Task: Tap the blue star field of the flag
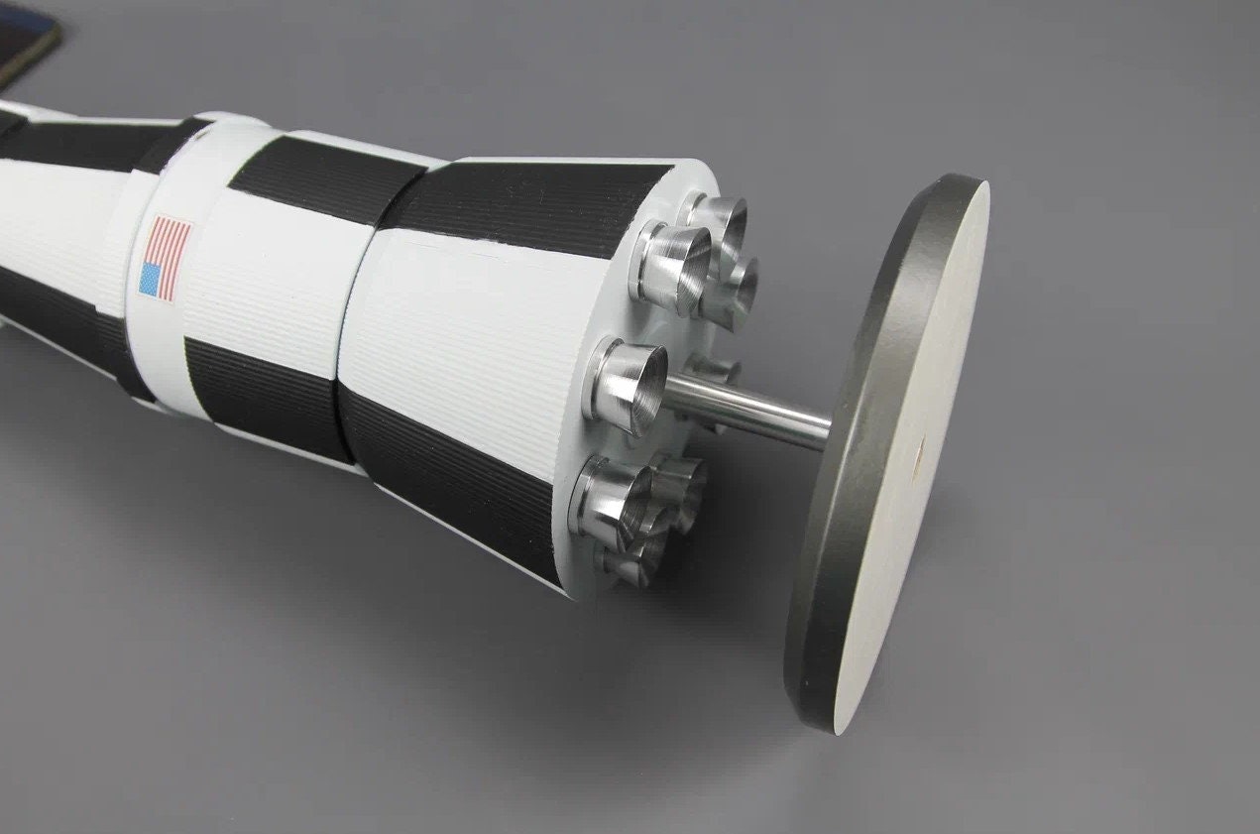coord(151,279)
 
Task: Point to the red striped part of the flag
coord(171,247)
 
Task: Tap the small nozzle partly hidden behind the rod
coord(716,373)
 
